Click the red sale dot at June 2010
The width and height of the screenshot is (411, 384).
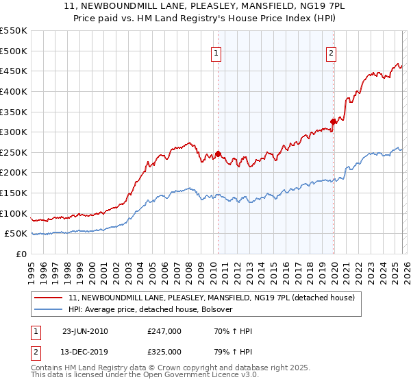(219, 154)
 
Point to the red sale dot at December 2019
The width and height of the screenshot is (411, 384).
(334, 121)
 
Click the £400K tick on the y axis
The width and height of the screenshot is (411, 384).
(14, 91)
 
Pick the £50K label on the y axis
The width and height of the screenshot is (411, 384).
(16, 234)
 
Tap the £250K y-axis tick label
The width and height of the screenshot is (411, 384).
(14, 152)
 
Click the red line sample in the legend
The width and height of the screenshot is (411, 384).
(48, 298)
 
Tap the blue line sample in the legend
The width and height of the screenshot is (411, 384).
(48, 310)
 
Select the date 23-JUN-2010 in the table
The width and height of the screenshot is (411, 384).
(85, 331)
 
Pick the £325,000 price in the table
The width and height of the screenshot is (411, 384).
(164, 352)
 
